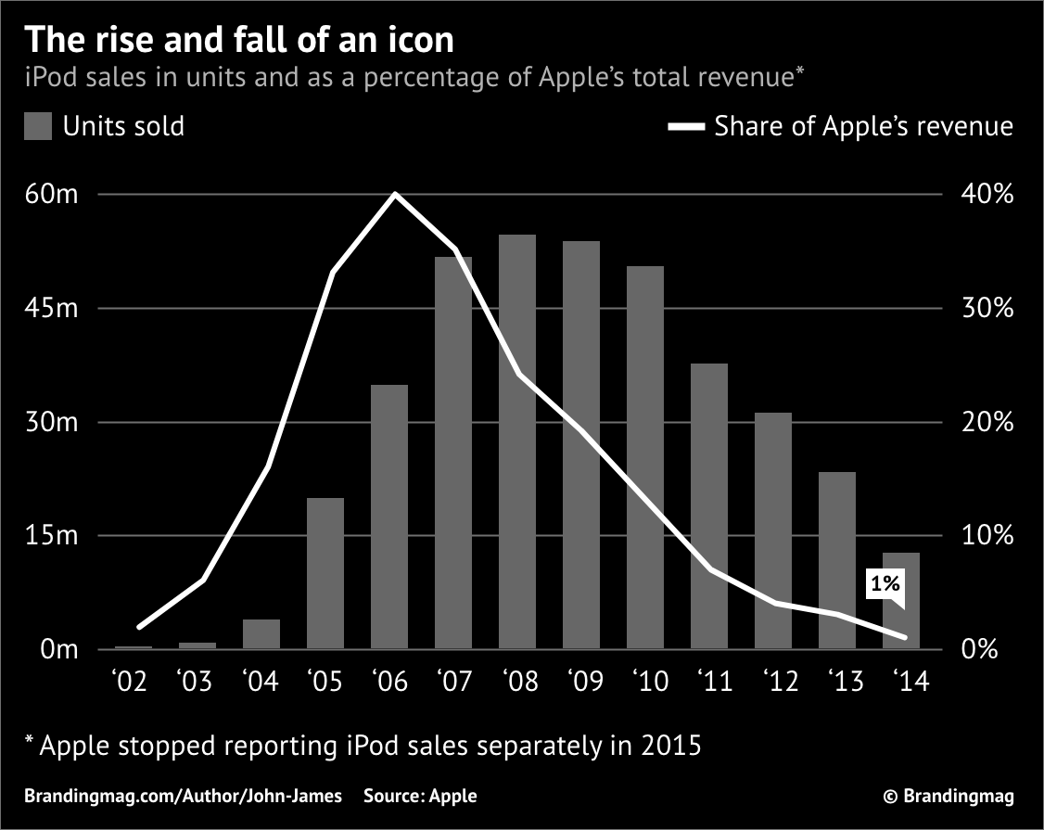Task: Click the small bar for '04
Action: pyautogui.click(x=261, y=633)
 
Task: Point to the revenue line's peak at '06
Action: pyautogui.click(x=395, y=194)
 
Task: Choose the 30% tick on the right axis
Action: pyautogui.click(x=985, y=309)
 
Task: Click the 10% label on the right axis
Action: pyautogui.click(x=985, y=536)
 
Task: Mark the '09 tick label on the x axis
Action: pyautogui.click(x=581, y=682)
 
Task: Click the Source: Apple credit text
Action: pyautogui.click(x=420, y=796)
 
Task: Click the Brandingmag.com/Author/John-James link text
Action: pyautogui.click(x=183, y=796)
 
